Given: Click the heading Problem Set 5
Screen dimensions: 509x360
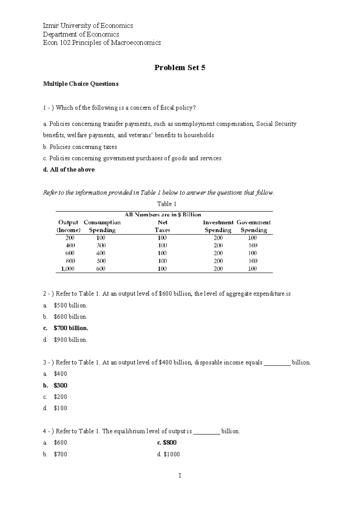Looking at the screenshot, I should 180,68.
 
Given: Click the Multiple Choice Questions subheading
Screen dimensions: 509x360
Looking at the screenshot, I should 81,84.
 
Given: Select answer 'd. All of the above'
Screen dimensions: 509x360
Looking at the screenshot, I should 69,170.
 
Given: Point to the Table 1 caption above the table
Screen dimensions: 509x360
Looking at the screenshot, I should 166,204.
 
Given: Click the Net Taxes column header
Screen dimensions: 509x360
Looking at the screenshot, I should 162,226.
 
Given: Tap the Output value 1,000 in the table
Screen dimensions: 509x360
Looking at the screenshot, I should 67,269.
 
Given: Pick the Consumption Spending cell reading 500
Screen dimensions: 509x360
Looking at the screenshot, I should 101,261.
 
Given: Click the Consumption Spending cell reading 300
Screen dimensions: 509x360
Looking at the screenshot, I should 101,245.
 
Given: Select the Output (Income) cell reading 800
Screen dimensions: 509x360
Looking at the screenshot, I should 70,261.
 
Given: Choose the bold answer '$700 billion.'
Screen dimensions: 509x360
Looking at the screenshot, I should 71,328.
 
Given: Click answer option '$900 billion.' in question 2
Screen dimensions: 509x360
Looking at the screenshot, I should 70,340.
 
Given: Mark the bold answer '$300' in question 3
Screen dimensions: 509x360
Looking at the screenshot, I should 60,385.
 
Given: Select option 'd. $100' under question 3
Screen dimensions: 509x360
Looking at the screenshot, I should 55,408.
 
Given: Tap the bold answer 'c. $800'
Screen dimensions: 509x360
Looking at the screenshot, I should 167,443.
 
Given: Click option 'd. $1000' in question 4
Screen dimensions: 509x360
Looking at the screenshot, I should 168,454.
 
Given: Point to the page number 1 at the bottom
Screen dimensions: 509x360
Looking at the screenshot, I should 180,476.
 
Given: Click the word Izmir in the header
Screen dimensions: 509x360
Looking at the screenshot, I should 50,26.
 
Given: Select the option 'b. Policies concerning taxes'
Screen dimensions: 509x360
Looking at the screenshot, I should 80,147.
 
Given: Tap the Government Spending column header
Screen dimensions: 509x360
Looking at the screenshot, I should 253,226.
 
